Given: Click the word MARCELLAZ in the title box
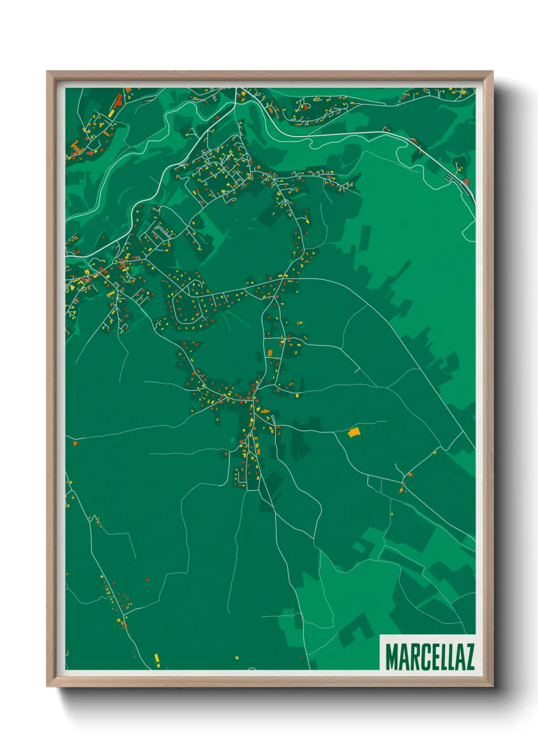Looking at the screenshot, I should tap(430, 656).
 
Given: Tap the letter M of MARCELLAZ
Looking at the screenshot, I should tap(392, 656).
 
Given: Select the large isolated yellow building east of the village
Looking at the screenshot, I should tap(354, 432).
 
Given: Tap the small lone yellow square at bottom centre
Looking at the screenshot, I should tap(236, 657).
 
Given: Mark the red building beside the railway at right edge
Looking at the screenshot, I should tap(466, 181).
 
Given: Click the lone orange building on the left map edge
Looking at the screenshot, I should tap(75, 443).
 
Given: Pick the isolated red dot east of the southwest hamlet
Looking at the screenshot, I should tap(148, 579).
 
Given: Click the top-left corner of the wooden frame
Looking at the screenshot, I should tap(47, 72).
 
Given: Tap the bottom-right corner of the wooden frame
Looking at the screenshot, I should tap(492, 686).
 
